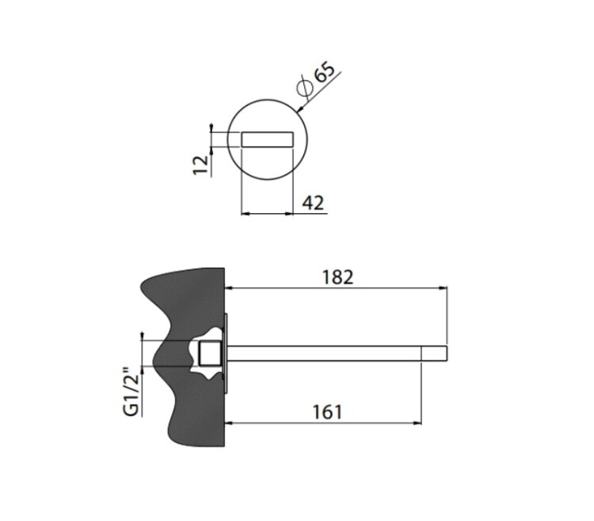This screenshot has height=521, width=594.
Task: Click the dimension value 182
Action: (337, 278)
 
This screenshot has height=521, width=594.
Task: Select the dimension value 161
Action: (327, 412)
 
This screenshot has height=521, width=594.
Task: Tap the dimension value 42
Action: (313, 203)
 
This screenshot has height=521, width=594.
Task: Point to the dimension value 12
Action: (201, 165)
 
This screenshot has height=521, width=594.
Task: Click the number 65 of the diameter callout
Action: (325, 72)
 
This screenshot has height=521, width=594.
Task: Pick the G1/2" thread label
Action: (132, 391)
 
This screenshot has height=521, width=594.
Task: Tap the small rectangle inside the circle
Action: (268, 139)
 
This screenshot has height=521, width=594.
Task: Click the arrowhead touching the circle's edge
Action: (301, 109)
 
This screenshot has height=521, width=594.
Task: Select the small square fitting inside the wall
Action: (210, 354)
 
